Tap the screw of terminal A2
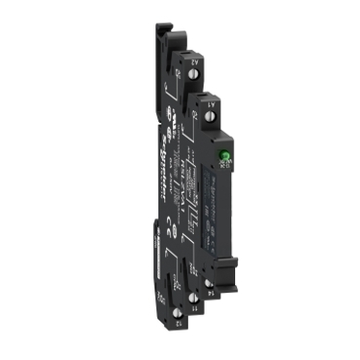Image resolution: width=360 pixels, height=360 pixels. [180, 70]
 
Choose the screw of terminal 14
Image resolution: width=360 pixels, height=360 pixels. [208, 280]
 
